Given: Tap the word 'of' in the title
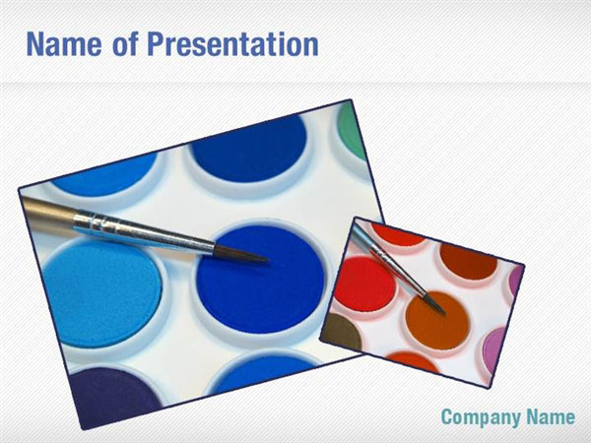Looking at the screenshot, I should click(x=124, y=44).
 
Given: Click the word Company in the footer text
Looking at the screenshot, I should click(x=480, y=417).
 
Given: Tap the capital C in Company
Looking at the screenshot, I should click(x=447, y=417).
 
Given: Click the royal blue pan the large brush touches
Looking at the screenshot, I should click(x=261, y=281).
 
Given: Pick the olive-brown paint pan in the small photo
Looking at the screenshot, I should click(x=342, y=333).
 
